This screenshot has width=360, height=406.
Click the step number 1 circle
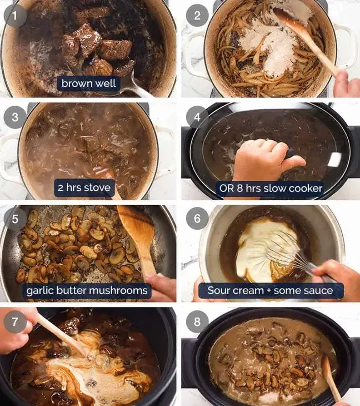[x=16, y=15]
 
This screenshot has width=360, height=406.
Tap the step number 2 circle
[x=197, y=15]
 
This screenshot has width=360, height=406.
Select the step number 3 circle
[x=16, y=117]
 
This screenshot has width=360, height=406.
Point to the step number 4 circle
[x=197, y=117]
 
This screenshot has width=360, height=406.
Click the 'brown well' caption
[x=89, y=83]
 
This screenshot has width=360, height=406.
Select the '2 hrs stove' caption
[x=84, y=187]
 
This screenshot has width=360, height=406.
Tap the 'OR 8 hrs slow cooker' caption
[x=271, y=188]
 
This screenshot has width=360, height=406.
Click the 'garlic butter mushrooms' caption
[x=87, y=290]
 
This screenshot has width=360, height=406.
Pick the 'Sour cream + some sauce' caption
[x=271, y=290]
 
